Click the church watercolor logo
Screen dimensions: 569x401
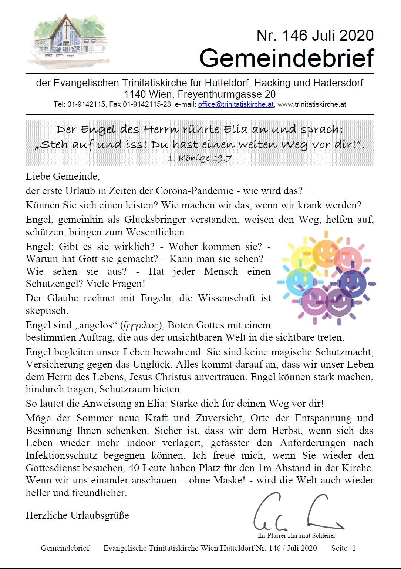(x=68, y=41)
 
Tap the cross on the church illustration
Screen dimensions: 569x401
(x=66, y=33)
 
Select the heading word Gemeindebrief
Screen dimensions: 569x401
(x=286, y=58)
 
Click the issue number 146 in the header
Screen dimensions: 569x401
(x=294, y=36)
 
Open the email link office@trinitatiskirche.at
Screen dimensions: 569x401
(x=236, y=104)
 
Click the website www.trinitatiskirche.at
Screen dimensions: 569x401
(x=311, y=104)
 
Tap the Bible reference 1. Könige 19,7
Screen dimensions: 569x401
(x=200, y=158)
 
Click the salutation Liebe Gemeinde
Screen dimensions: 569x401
(x=63, y=176)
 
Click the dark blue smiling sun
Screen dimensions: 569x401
(x=353, y=284)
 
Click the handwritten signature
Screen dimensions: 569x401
(x=298, y=513)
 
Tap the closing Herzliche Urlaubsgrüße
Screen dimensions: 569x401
(x=77, y=515)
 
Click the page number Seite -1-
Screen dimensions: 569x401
(x=345, y=548)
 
